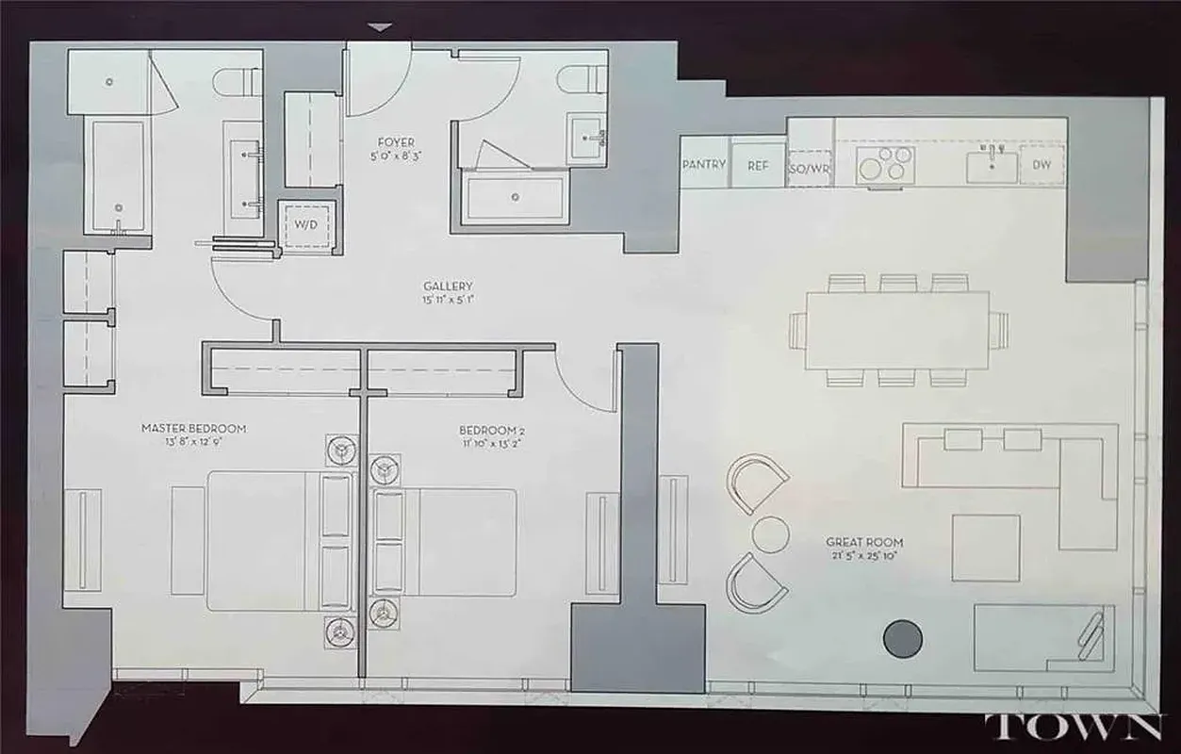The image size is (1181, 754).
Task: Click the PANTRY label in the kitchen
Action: pyautogui.click(x=703, y=165)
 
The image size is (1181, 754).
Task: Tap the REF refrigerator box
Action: pyautogui.click(x=758, y=166)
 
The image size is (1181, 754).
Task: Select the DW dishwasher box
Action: pyautogui.click(x=1042, y=165)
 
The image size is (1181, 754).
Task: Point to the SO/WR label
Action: pyautogui.click(x=810, y=168)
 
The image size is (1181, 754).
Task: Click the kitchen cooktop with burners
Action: pyautogui.click(x=884, y=166)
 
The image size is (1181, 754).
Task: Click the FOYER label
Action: pyautogui.click(x=394, y=143)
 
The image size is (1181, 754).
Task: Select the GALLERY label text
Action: pyautogui.click(x=448, y=287)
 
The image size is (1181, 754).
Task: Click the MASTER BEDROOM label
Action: pyautogui.click(x=193, y=429)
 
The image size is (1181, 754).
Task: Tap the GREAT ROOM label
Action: pyautogui.click(x=864, y=542)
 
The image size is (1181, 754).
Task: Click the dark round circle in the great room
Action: pyautogui.click(x=902, y=638)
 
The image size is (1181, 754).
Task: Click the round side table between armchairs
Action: pyautogui.click(x=770, y=534)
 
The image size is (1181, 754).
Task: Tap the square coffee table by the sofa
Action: pyautogui.click(x=985, y=548)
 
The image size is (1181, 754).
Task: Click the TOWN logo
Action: pyautogui.click(x=1073, y=729)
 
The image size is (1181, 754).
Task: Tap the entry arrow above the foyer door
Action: pyautogui.click(x=379, y=27)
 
